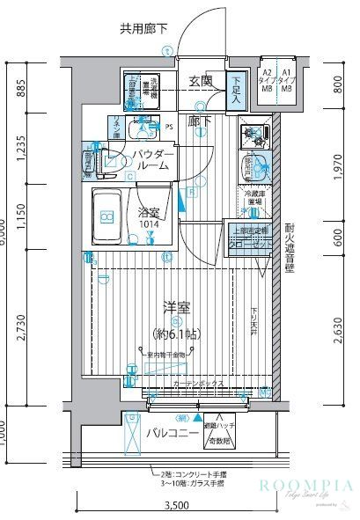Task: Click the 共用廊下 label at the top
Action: [146, 28]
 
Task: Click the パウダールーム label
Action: [154, 160]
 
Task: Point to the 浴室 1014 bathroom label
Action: [149, 216]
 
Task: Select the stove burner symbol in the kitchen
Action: [255, 136]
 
